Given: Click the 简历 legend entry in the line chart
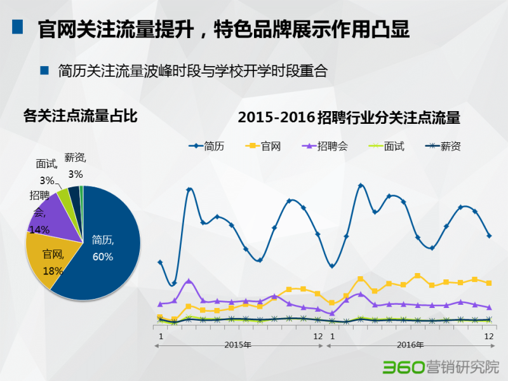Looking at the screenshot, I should click(x=206, y=146).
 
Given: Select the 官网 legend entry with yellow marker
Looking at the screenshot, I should click(x=263, y=146).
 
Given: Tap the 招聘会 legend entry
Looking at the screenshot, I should click(x=326, y=146).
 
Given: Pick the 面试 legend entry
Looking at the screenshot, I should click(x=386, y=146).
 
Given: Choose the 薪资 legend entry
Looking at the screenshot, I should click(x=443, y=146).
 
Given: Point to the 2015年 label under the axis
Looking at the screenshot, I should click(x=238, y=345).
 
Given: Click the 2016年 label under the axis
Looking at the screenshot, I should click(x=410, y=345).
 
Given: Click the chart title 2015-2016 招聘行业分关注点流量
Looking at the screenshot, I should click(x=349, y=118).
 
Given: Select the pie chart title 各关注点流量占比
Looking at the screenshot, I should click(x=80, y=116).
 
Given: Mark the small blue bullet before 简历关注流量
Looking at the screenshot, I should click(x=44, y=70).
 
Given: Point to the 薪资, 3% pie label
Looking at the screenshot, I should click(x=76, y=166).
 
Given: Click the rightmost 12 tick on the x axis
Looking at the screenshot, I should click(x=489, y=335).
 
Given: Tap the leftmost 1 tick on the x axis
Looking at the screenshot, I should click(x=161, y=335).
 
